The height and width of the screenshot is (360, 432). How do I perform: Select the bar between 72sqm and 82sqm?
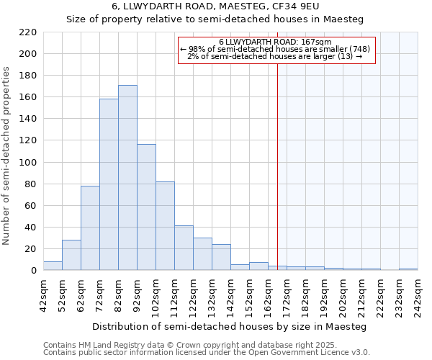[109, 184]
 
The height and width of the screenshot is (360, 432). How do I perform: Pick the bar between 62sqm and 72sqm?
[90, 228]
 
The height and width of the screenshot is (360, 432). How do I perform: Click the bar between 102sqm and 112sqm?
[165, 226]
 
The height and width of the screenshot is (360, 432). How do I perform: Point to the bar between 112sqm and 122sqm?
[184, 248]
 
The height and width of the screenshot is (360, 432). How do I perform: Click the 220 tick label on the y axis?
[27, 32]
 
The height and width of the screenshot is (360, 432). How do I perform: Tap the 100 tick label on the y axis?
[27, 163]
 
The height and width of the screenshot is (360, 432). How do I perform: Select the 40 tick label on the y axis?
[30, 228]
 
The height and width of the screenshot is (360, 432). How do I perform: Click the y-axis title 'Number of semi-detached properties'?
[7, 156]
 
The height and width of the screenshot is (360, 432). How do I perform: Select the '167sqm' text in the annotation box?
[315, 42]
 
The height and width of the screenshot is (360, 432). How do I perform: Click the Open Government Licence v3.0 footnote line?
[207, 353]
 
